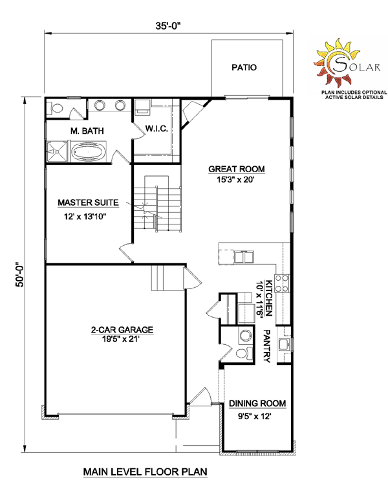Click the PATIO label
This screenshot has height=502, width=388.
(244, 67)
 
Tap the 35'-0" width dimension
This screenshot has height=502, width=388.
(168, 26)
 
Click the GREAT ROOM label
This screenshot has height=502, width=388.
(237, 169)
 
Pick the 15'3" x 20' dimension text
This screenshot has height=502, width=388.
(235, 180)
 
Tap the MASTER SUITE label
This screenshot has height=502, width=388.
(88, 202)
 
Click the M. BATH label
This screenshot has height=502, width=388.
(87, 131)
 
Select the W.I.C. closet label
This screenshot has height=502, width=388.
(156, 129)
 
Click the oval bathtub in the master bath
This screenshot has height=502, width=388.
(88, 151)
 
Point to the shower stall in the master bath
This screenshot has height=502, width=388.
(57, 152)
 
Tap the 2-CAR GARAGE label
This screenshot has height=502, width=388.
(122, 330)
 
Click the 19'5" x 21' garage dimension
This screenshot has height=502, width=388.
(121, 340)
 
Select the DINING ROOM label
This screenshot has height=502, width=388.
(257, 404)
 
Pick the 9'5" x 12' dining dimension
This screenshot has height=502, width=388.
(255, 417)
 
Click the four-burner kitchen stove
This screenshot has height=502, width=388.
(282, 283)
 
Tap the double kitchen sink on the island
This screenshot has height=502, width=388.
(244, 257)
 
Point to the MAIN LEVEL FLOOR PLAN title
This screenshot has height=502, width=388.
(145, 472)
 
